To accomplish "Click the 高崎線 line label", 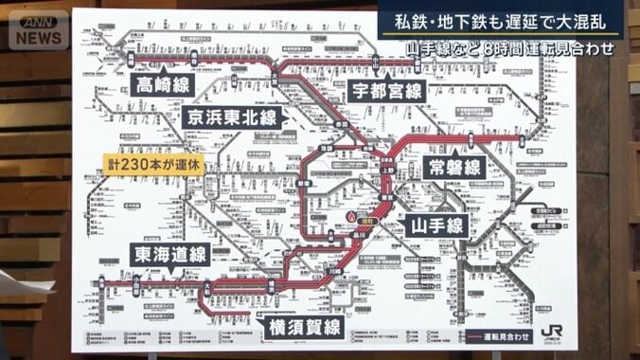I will coord(164,85).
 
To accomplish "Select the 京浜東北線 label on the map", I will coord(232,118).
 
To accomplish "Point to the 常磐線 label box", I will coord(455,168).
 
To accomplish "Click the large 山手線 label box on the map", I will coord(436,225).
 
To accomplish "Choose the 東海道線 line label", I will coord(169,255).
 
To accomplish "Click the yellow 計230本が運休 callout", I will coord(153,164).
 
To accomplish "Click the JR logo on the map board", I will coord(551,333).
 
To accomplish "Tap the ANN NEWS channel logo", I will coord(39,30).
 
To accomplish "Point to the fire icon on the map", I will coord(350,217).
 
